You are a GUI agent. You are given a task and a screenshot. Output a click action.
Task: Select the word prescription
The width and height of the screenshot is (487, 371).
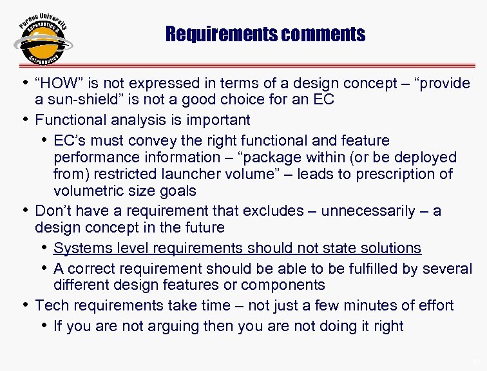[x=393, y=174]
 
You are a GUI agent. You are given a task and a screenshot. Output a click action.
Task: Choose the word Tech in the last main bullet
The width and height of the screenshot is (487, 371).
[x=51, y=305]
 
